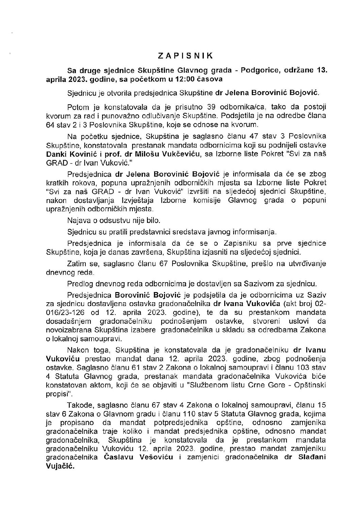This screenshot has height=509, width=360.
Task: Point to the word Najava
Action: tap(78, 220)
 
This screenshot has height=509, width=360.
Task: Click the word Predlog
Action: tap(79, 285)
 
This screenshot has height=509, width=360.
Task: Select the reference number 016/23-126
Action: tap(64, 312)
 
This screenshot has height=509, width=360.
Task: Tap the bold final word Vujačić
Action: tap(60, 467)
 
